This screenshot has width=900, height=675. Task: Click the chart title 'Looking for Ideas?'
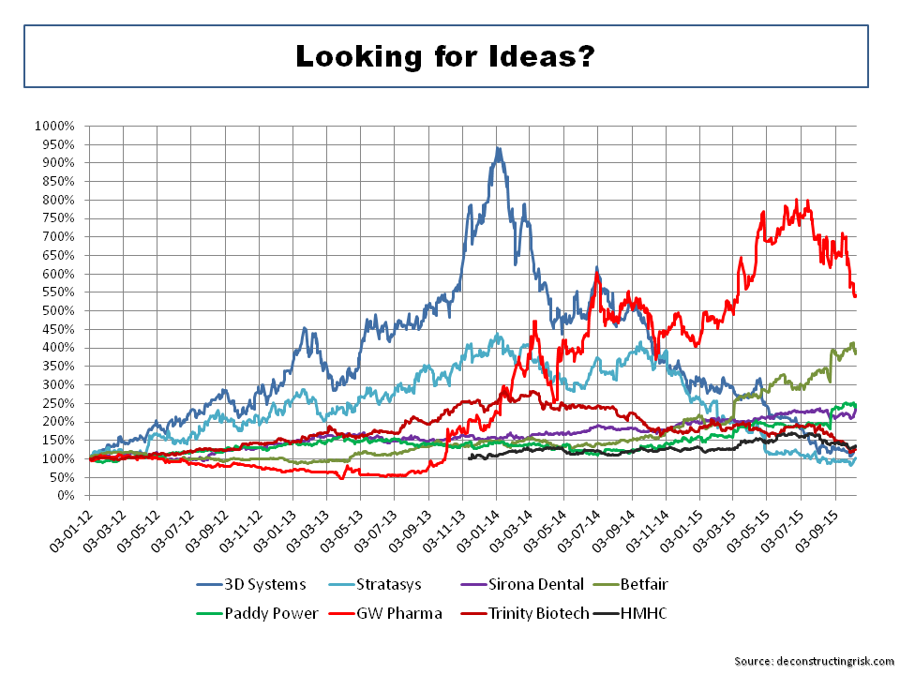[x=445, y=56]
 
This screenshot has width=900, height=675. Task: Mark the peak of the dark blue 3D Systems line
[x=498, y=147]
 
